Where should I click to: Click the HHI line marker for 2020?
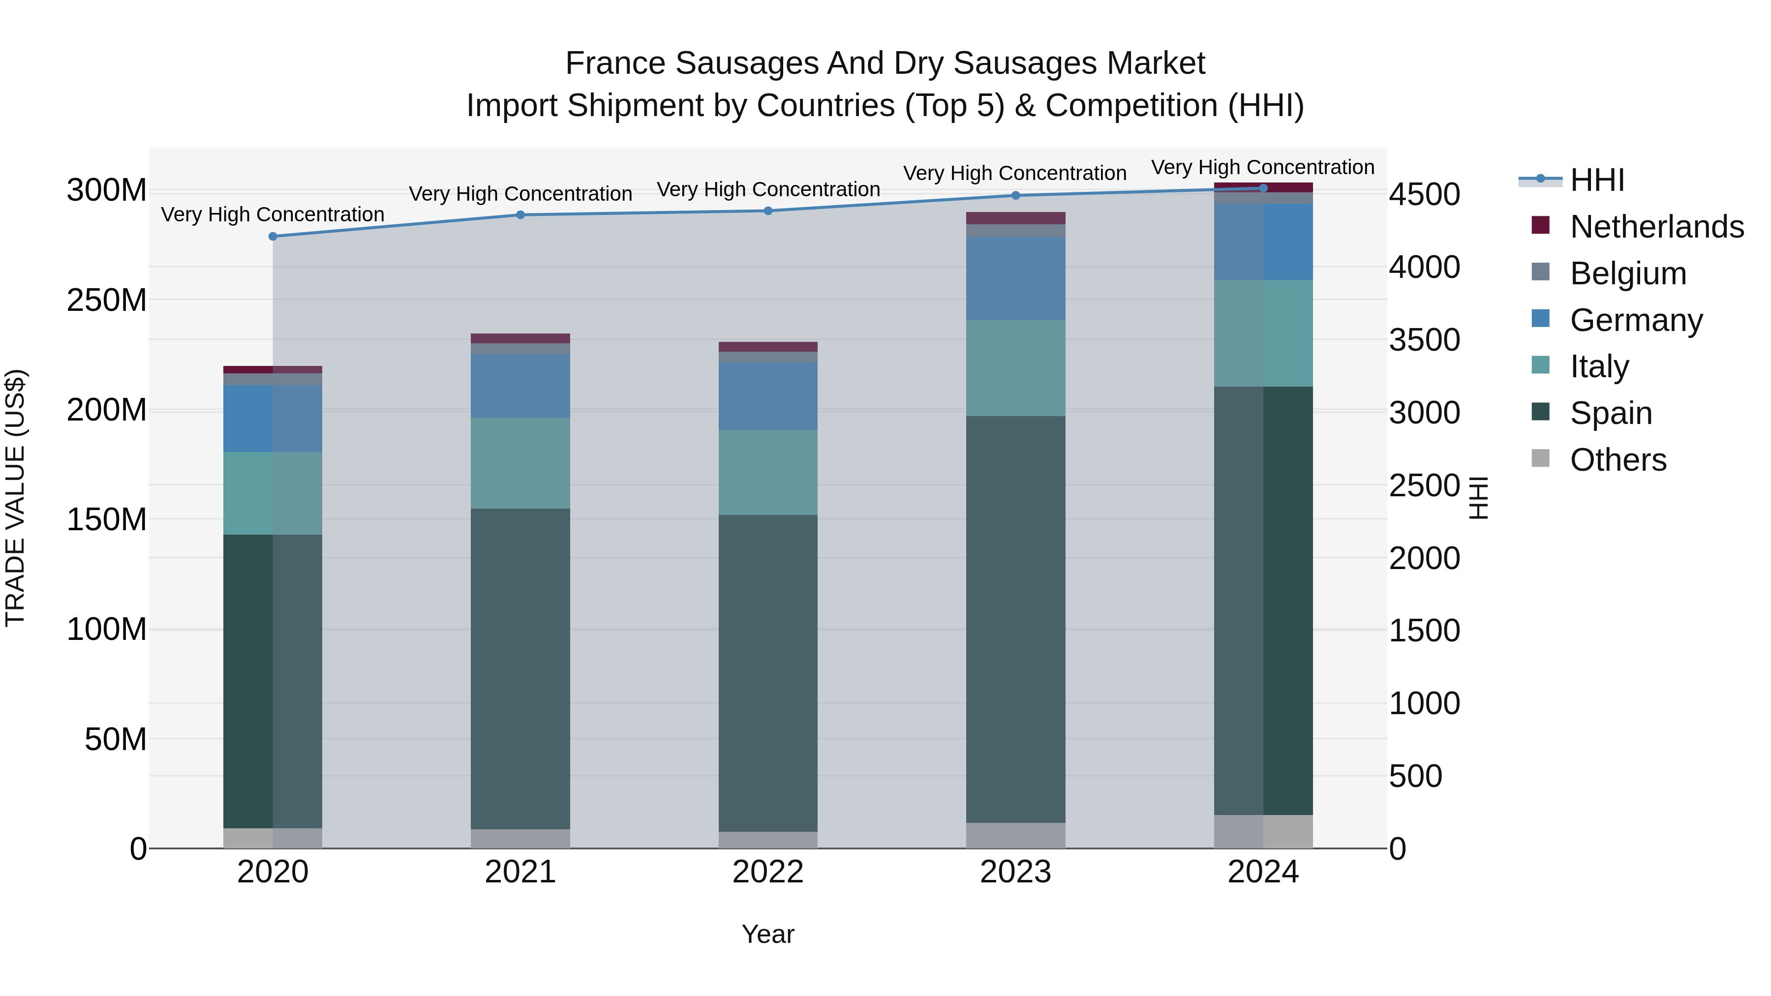pos(273,237)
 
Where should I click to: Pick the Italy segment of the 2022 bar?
pos(768,472)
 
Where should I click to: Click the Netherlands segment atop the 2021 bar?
pos(520,338)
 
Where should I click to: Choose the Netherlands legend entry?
pos(1656,227)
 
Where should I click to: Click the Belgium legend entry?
pos(1627,273)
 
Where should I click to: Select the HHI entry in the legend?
pos(1596,180)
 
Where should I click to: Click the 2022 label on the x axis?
pos(768,872)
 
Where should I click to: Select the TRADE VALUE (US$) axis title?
pos(15,498)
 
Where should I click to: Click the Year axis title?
pos(768,934)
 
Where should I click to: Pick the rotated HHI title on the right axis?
pos(1478,498)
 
